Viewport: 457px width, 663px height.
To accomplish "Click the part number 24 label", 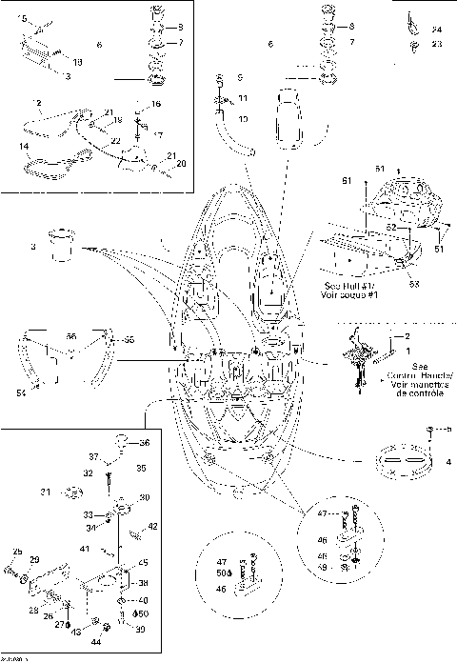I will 437,30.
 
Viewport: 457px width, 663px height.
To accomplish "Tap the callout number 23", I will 437,44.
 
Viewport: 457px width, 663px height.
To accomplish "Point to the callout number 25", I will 16,552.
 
